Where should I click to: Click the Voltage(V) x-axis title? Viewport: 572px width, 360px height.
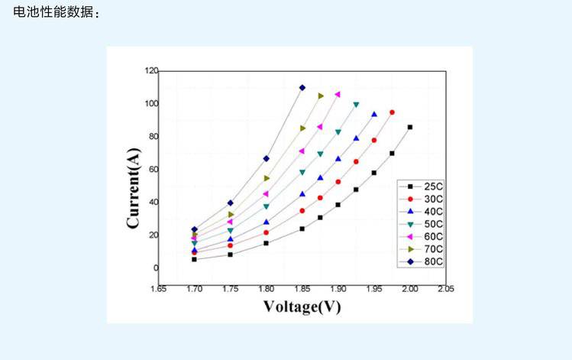[302, 306]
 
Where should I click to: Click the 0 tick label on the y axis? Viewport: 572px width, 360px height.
[155, 268]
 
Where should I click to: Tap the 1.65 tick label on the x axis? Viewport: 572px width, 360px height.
[158, 290]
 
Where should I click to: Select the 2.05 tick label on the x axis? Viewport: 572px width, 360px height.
[444, 290]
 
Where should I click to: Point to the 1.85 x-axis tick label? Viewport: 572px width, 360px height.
[302, 290]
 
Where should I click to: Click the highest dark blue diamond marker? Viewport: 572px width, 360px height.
[302, 87]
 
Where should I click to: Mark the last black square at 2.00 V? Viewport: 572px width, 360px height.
[410, 127]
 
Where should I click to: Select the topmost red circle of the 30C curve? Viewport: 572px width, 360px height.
[392, 112]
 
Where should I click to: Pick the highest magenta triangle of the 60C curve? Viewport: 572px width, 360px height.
[338, 94]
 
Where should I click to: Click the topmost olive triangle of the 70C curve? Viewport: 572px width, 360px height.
[321, 96]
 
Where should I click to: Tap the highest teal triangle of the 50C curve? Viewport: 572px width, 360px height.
[356, 104]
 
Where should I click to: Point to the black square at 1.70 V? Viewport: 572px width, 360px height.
[194, 259]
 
